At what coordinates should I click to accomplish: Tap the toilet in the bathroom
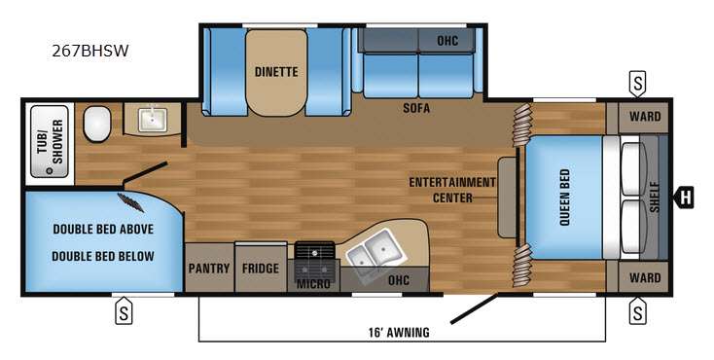(97, 124)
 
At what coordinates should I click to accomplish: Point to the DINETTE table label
(275, 72)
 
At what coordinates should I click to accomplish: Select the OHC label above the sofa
(446, 40)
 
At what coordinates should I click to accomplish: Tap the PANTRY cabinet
(208, 269)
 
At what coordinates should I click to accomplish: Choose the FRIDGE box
(261, 269)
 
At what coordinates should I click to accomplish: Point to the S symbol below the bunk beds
(124, 313)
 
